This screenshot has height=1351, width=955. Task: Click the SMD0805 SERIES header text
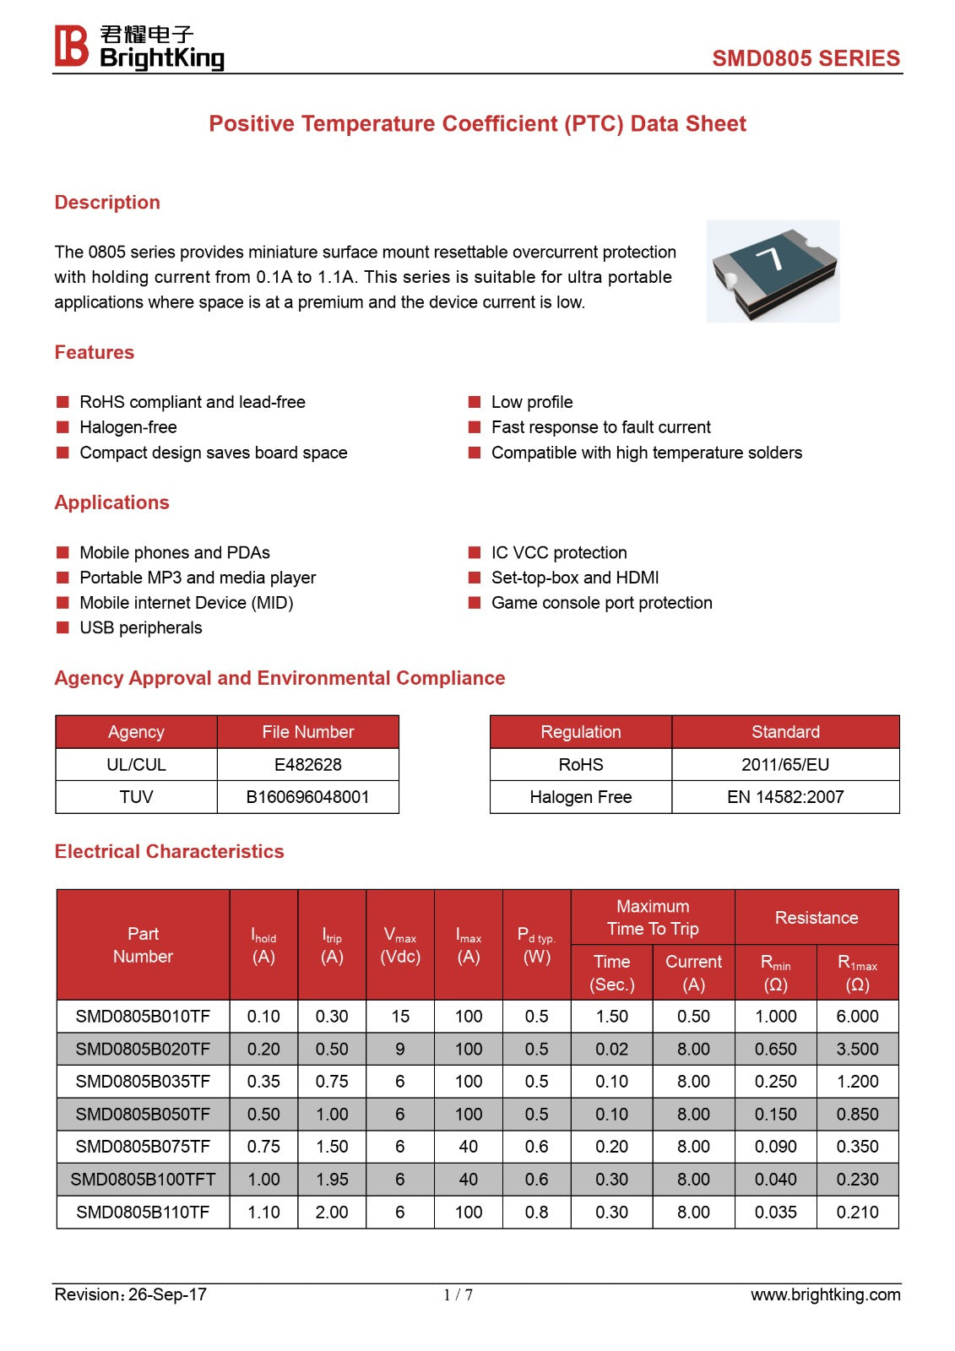click(806, 58)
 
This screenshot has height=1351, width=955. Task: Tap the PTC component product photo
click(773, 271)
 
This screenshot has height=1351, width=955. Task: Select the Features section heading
click(95, 353)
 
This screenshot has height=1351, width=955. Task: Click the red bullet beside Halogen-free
click(62, 427)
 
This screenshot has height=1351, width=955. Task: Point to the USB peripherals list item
click(140, 628)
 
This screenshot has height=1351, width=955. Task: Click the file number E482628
click(307, 765)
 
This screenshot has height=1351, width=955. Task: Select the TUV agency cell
click(136, 797)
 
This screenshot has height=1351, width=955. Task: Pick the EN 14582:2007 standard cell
click(785, 797)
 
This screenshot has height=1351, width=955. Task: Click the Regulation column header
click(581, 732)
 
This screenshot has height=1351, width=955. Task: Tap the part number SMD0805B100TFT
click(143, 1180)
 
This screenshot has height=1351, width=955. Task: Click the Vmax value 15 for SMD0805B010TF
click(400, 1017)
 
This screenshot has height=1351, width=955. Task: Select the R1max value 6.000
click(857, 1017)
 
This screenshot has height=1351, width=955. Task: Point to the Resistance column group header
click(817, 918)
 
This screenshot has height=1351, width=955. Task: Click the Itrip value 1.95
click(332, 1180)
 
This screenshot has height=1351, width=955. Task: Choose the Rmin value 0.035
click(775, 1213)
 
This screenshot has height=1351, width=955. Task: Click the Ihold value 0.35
click(263, 1082)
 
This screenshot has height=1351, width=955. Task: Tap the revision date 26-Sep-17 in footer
click(167, 1295)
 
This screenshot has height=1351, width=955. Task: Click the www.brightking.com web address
click(825, 1295)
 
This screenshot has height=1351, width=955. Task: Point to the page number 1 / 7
click(458, 1295)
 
